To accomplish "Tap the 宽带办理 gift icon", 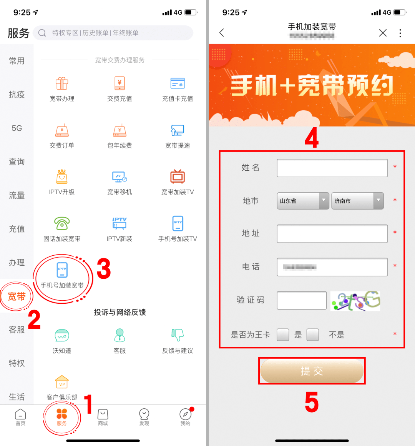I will (62, 83).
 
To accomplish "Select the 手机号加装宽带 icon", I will (62, 270).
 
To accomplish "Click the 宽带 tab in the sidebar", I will (17, 296).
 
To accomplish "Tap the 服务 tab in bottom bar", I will (61, 417).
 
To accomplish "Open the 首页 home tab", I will (20, 417).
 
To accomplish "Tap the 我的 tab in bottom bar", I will (185, 417).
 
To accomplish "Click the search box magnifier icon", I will (42, 33).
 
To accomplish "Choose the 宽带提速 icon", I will (178, 130).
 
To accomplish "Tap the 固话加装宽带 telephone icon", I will (62, 223).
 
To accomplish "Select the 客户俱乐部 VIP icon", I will (62, 382).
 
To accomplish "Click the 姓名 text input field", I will (332, 168).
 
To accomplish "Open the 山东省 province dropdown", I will (303, 201).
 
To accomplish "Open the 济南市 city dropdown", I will (357, 201).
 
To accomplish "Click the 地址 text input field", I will (332, 234).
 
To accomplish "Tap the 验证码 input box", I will (302, 300).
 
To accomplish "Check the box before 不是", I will (313, 335).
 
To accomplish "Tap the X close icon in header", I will (383, 33).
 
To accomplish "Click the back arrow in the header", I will (222, 33).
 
